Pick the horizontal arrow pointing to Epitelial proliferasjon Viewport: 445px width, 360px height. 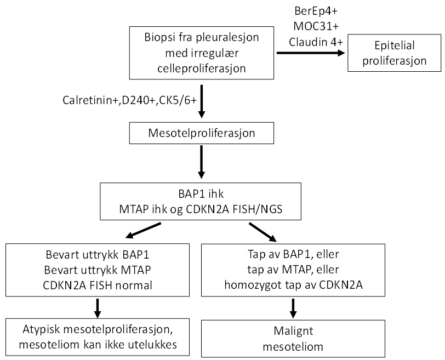tap(310, 53)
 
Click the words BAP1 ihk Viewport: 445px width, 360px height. tap(201, 195)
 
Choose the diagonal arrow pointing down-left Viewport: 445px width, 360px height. tap(143, 231)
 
